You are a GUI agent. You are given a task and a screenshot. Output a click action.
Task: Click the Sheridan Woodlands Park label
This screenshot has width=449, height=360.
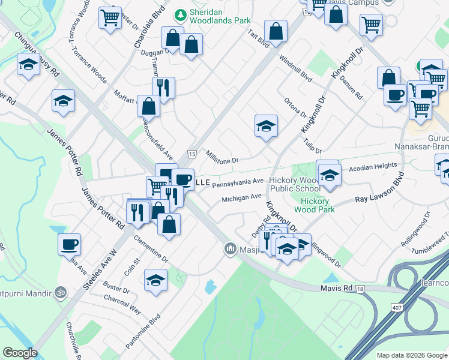click(x=220, y=16)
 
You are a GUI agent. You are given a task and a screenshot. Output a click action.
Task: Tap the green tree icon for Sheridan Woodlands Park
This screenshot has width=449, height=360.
click(x=179, y=14)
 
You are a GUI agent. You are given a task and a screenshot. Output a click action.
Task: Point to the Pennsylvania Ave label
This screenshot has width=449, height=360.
click(x=238, y=181)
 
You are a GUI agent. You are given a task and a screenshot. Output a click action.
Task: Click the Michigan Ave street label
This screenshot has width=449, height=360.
click(x=241, y=197)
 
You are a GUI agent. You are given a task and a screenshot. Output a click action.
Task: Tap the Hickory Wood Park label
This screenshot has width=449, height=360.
click(x=315, y=206)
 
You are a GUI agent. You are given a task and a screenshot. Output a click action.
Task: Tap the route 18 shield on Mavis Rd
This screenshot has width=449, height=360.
click(x=360, y=289)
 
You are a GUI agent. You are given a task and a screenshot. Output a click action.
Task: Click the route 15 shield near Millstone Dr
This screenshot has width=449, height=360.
click(x=191, y=154)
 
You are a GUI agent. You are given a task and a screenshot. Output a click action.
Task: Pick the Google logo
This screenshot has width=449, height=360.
click(x=20, y=353)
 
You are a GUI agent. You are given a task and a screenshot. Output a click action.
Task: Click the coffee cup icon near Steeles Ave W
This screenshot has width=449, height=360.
click(x=70, y=244)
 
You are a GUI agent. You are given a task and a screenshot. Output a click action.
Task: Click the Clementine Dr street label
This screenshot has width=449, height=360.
click(x=151, y=248)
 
